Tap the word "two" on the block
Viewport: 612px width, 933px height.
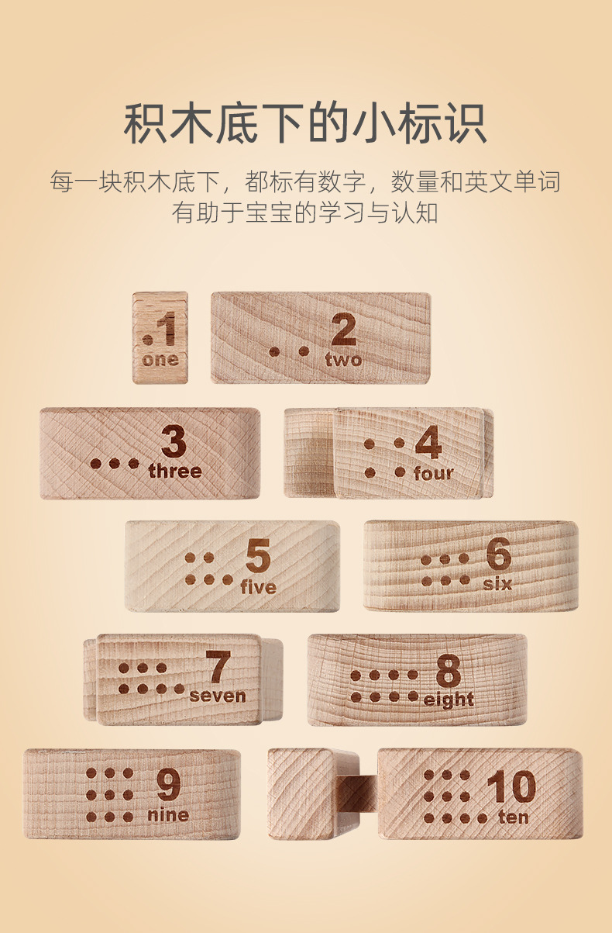click(x=343, y=360)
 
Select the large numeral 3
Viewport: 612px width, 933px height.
click(x=174, y=443)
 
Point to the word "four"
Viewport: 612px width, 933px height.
click(x=434, y=473)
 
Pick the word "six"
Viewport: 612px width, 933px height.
click(x=497, y=583)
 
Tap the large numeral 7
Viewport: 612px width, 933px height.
click(x=218, y=668)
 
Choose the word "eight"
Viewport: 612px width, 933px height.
click(x=449, y=700)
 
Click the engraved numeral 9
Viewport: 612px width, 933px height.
click(x=168, y=786)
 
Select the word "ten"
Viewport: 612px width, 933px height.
click(x=514, y=817)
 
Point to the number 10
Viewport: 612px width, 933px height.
click(x=511, y=787)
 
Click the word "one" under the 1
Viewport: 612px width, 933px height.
click(x=160, y=360)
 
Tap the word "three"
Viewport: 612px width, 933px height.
click(x=174, y=471)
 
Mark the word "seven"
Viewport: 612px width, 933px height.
click(x=218, y=696)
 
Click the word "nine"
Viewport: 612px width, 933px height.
click(x=168, y=815)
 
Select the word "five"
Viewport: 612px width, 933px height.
click(x=258, y=587)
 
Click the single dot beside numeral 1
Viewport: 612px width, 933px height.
click(x=147, y=339)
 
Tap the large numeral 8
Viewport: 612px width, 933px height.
click(x=448, y=671)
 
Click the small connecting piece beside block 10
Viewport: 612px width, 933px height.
click(x=359, y=793)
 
